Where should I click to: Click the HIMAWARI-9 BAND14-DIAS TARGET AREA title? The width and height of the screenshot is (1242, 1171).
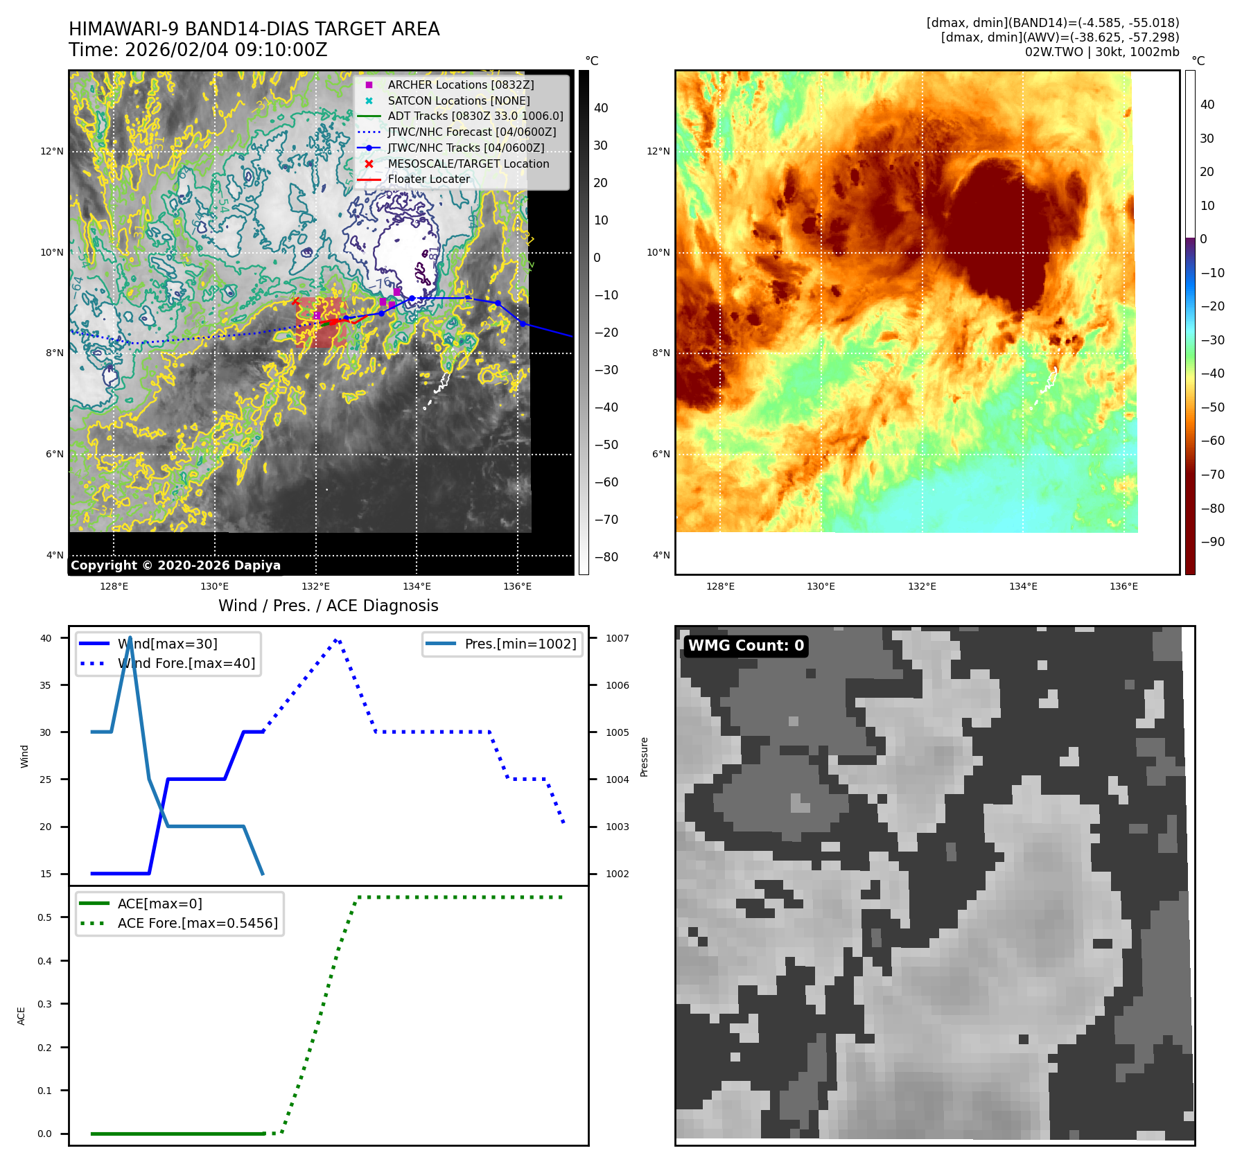(254, 29)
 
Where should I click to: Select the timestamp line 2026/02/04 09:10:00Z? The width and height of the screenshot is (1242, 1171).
(198, 50)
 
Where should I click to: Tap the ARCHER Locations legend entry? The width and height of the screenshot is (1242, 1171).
(460, 85)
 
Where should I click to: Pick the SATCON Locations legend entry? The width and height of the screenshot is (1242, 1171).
(458, 100)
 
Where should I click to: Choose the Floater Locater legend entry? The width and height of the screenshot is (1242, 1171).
(428, 179)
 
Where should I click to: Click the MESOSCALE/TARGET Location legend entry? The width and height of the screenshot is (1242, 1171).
(468, 164)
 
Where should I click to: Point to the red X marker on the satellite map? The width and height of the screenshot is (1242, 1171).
(296, 301)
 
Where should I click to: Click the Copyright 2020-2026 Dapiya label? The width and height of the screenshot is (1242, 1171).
(175, 565)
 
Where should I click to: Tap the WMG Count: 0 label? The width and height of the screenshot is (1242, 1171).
(746, 646)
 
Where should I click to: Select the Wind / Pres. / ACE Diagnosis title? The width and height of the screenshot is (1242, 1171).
(328, 606)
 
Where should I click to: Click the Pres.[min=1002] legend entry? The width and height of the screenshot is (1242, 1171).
(520, 644)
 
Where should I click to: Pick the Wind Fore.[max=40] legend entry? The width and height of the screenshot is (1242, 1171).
(186, 663)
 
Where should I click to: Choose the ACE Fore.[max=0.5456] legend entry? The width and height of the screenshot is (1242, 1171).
(197, 923)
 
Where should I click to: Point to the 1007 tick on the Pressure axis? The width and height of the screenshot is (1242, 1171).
(617, 638)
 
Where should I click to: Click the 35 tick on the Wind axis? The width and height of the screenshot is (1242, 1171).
(46, 685)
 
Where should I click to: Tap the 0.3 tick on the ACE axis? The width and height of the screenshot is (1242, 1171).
(44, 1004)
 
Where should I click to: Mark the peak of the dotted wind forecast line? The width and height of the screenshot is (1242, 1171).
(336, 640)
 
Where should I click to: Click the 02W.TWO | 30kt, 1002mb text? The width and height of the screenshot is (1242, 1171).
(1102, 52)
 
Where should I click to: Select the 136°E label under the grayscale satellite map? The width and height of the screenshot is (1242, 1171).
(517, 586)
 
